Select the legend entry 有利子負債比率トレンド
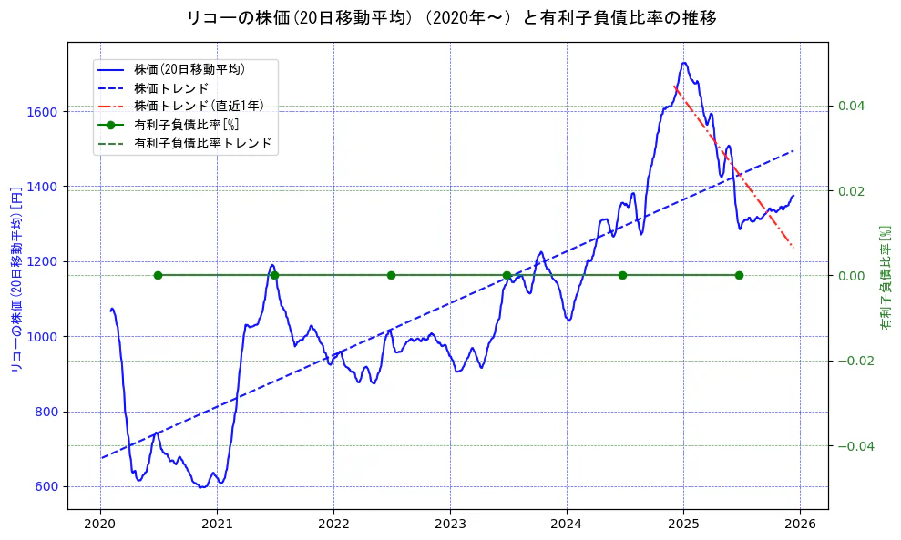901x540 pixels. coord(202,143)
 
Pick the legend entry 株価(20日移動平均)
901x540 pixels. coord(189,68)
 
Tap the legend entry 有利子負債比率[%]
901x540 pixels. coord(186,125)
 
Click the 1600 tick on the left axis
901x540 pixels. coord(44,112)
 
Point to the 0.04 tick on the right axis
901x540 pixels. coord(851,106)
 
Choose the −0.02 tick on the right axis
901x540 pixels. coord(848,361)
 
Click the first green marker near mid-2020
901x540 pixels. coord(158,275)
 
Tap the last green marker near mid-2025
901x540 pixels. coord(739,275)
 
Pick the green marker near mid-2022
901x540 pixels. coord(391,275)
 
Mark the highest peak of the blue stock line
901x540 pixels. coord(684,63)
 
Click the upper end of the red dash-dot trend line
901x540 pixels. coord(674,87)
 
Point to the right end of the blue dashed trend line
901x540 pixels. coord(793,150)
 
